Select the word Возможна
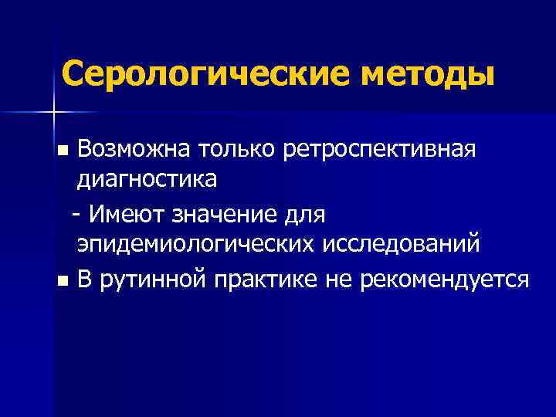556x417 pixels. [122, 147]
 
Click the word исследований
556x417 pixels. [398, 245]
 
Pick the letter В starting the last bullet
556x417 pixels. [84, 277]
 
